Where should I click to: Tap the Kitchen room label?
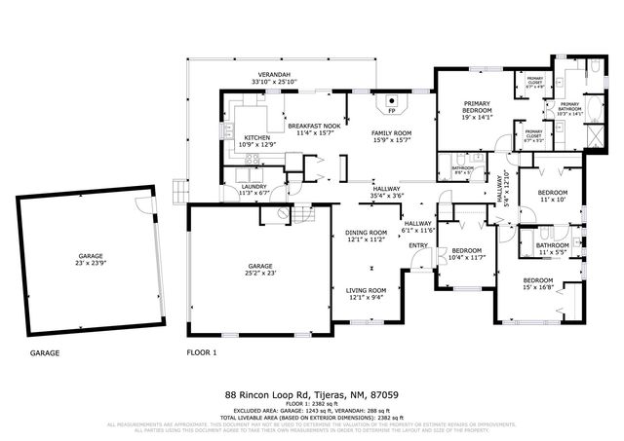click(x=258, y=138)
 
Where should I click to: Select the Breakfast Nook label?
click(x=313, y=127)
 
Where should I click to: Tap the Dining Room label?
click(x=366, y=233)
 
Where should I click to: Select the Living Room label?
click(x=366, y=290)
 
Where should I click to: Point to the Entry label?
click(x=419, y=245)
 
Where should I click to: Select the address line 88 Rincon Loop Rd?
click(x=311, y=395)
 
